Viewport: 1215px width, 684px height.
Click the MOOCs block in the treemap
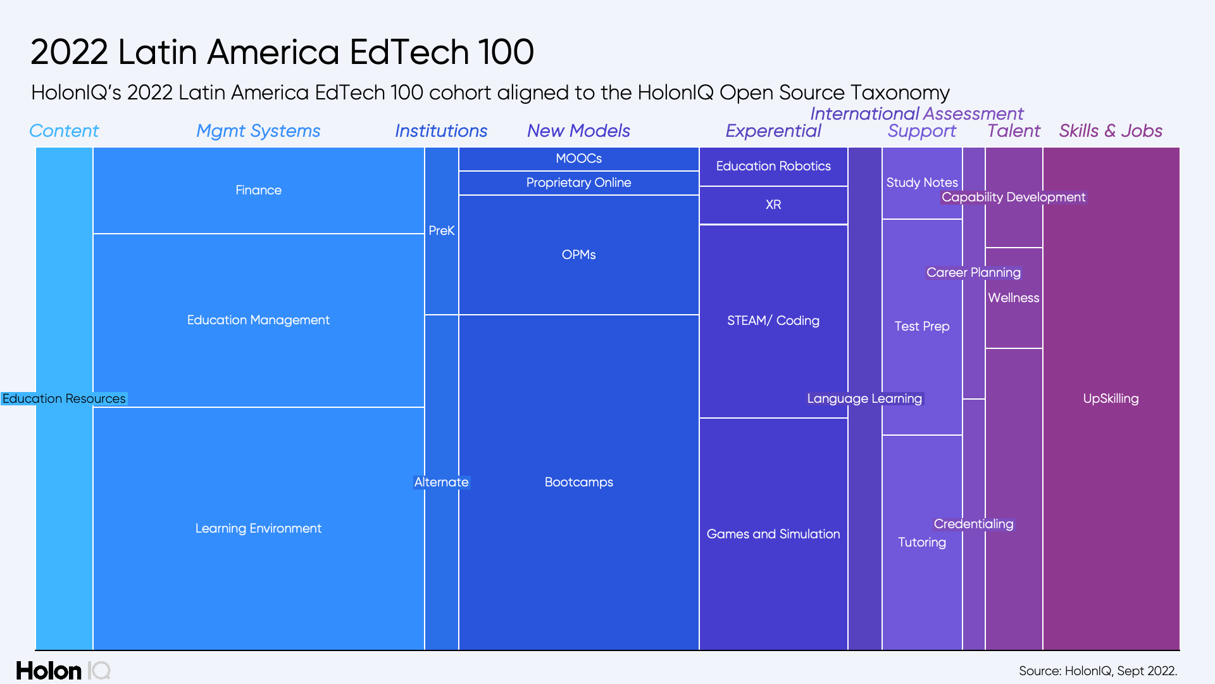pos(578,158)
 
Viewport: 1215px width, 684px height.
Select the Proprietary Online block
pos(578,182)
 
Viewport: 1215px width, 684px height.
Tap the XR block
pos(773,205)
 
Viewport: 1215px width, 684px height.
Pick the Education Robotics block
pos(773,166)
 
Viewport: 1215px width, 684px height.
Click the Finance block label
pos(258,190)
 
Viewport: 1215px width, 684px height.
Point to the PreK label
pos(441,231)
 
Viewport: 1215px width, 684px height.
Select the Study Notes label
pos(921,182)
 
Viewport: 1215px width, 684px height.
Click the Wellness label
pos(1013,298)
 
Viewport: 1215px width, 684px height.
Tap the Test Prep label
pos(921,326)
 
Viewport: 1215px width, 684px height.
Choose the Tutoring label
pos(921,542)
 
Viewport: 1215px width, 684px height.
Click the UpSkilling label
pos(1111,398)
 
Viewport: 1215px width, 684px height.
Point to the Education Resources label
pos(64,398)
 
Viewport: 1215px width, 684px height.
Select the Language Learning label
pos(864,398)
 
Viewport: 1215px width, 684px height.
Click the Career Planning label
pos(973,272)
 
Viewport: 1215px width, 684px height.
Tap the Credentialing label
pos(973,524)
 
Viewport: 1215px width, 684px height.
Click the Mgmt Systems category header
pos(258,130)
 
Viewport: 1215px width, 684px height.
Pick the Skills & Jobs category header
pos(1111,130)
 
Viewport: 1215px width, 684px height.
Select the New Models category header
pos(578,130)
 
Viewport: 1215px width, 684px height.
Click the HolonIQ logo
pos(63,670)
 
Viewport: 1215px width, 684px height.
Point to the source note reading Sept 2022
pos(1097,671)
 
